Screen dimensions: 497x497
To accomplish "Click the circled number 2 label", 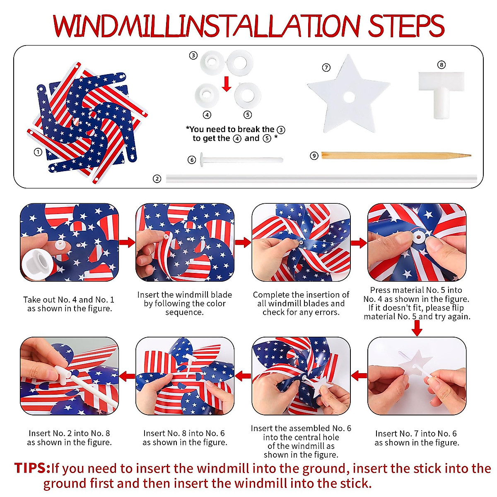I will click(x=157, y=179).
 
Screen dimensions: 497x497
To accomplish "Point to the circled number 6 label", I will click(x=191, y=160).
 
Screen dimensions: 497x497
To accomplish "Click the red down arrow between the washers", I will click(x=226, y=84).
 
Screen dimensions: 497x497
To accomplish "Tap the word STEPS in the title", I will click(x=406, y=26).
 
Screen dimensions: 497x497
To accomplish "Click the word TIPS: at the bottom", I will click(x=32, y=468).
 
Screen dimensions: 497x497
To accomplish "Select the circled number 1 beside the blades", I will click(x=38, y=152).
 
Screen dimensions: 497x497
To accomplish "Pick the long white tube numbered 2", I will click(x=321, y=179).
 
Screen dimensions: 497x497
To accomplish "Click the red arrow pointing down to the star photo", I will click(x=417, y=329).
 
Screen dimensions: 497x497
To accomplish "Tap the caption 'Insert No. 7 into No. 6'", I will click(x=416, y=438).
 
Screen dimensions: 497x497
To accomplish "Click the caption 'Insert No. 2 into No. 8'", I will click(x=69, y=438).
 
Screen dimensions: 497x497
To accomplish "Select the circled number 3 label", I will click(x=193, y=55).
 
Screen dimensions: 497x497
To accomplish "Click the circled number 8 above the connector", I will click(x=442, y=65).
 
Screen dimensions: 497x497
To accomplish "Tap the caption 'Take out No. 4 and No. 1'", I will click(x=69, y=304).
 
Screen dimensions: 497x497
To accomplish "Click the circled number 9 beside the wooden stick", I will click(x=314, y=156).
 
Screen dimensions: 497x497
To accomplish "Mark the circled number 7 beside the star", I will click(x=326, y=67).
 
